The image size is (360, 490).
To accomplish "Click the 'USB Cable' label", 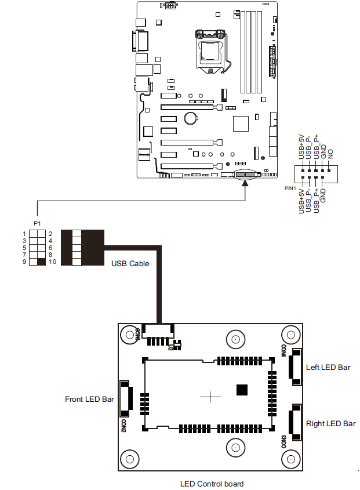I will [130, 263].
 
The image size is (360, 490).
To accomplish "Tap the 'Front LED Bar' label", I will [89, 399].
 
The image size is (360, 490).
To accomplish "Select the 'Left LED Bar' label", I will [328, 367].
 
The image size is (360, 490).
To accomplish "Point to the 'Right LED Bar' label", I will [330, 424].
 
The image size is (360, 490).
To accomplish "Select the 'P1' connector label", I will [37, 223].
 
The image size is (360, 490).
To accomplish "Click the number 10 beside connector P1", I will [51, 262].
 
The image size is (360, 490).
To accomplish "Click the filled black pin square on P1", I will [41, 262].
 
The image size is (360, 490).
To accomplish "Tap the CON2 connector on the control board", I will [125, 399].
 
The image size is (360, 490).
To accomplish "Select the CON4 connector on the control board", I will [296, 367].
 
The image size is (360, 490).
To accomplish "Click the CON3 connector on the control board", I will [296, 423].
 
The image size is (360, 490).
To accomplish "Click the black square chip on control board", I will [242, 390].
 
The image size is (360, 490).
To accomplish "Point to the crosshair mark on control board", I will [210, 397].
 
